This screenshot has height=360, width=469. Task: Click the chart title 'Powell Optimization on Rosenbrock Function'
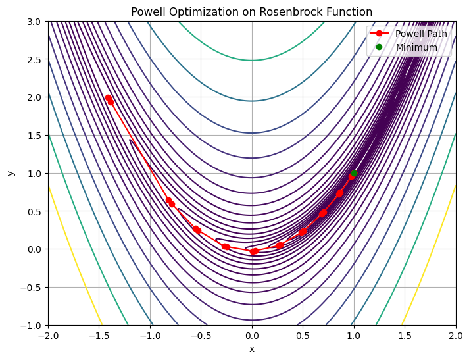251,12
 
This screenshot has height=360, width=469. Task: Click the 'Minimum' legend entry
416,47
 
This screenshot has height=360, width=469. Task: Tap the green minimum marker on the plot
354,173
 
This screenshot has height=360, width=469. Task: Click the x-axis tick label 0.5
303,336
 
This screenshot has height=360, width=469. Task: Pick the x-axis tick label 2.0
455,336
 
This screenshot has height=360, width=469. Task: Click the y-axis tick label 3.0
34,22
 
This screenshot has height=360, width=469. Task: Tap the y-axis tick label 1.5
34,136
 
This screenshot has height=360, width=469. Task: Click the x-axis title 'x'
252,349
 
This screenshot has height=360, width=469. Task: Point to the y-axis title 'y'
11,173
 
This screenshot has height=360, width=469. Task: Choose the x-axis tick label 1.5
405,336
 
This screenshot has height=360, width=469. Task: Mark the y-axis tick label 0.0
34,249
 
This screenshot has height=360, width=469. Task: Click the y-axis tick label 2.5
34,60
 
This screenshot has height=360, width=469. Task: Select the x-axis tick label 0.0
252,336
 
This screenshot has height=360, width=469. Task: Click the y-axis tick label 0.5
34,212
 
